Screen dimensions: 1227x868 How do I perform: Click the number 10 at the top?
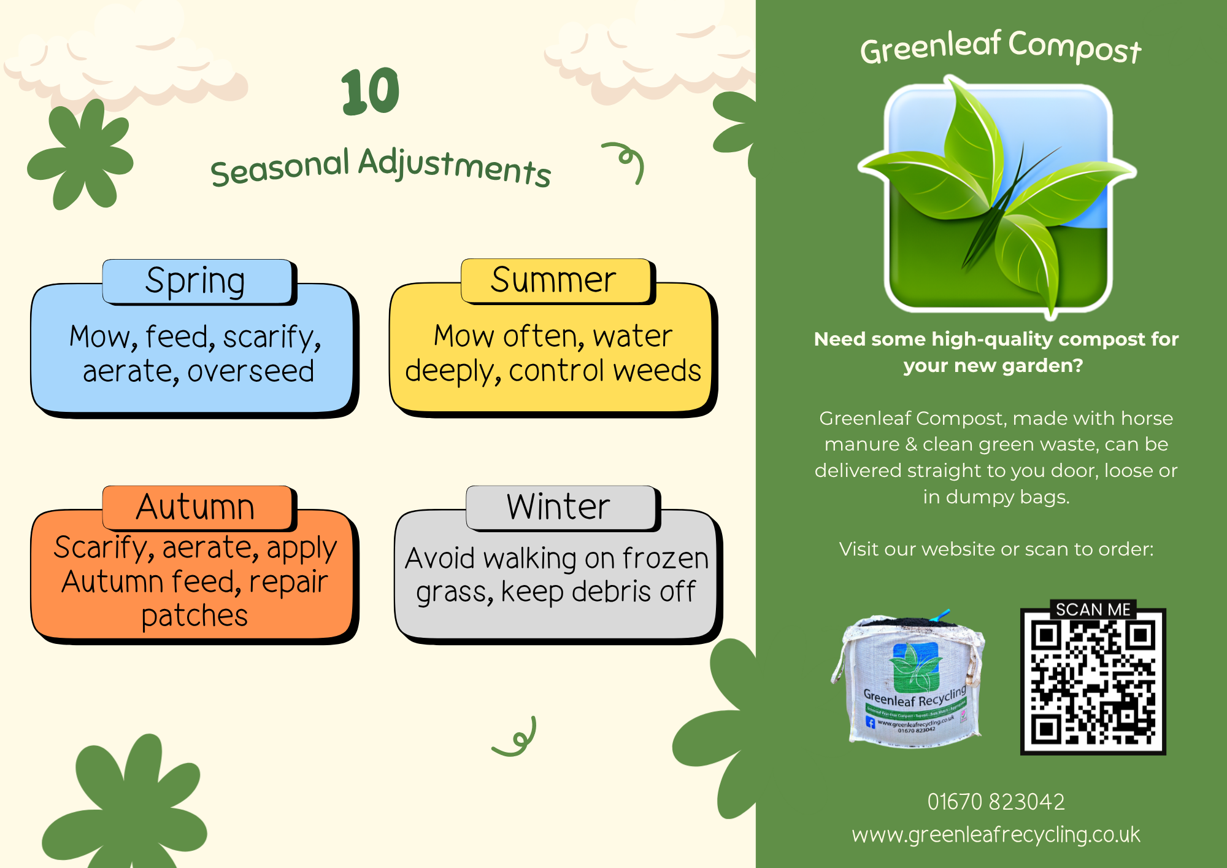(x=371, y=91)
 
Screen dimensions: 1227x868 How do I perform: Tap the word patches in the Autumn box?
(x=194, y=616)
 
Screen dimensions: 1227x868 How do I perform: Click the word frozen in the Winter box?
(x=666, y=558)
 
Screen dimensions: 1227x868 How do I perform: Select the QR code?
(x=1093, y=681)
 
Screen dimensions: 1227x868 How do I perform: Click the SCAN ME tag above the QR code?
(x=1093, y=610)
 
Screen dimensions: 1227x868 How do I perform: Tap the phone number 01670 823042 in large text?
(x=996, y=802)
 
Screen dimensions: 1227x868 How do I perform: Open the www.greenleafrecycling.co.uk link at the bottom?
(x=996, y=835)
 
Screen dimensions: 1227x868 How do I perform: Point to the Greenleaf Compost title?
(x=1001, y=47)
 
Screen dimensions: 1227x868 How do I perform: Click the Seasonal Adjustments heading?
(x=381, y=167)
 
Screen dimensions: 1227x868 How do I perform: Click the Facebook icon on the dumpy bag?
(x=870, y=722)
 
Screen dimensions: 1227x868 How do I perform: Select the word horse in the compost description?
(x=1147, y=419)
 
